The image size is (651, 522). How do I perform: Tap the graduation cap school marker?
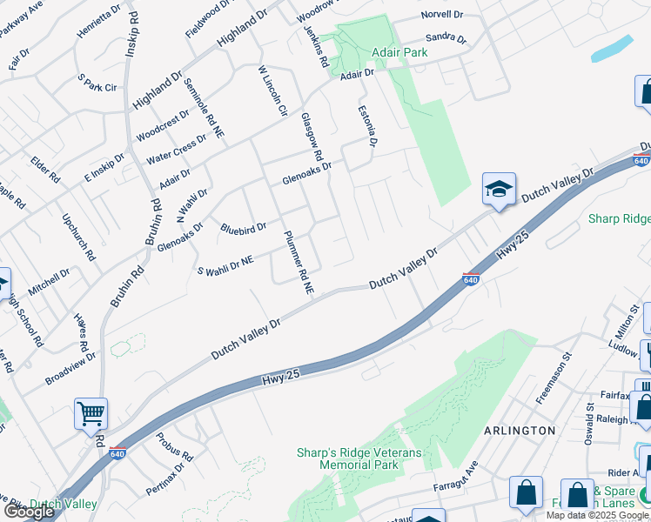499,189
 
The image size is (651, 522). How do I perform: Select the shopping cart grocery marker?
91,414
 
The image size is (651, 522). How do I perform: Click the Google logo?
29,512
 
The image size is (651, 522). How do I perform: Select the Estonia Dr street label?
368,125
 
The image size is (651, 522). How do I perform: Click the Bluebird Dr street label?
243,229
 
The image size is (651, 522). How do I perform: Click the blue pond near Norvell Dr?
612,48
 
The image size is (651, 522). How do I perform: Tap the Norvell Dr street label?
443,15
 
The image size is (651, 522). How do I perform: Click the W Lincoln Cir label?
272,90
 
